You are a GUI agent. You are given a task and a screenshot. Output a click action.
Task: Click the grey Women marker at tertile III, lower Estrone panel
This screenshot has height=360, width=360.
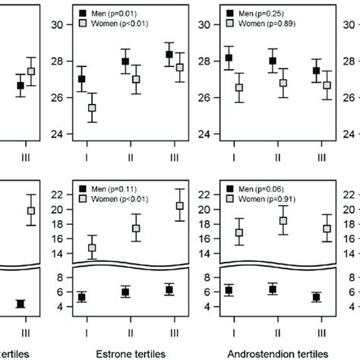[x=179, y=206]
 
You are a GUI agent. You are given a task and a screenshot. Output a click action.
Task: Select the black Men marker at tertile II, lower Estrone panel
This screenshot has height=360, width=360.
[x=125, y=292]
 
